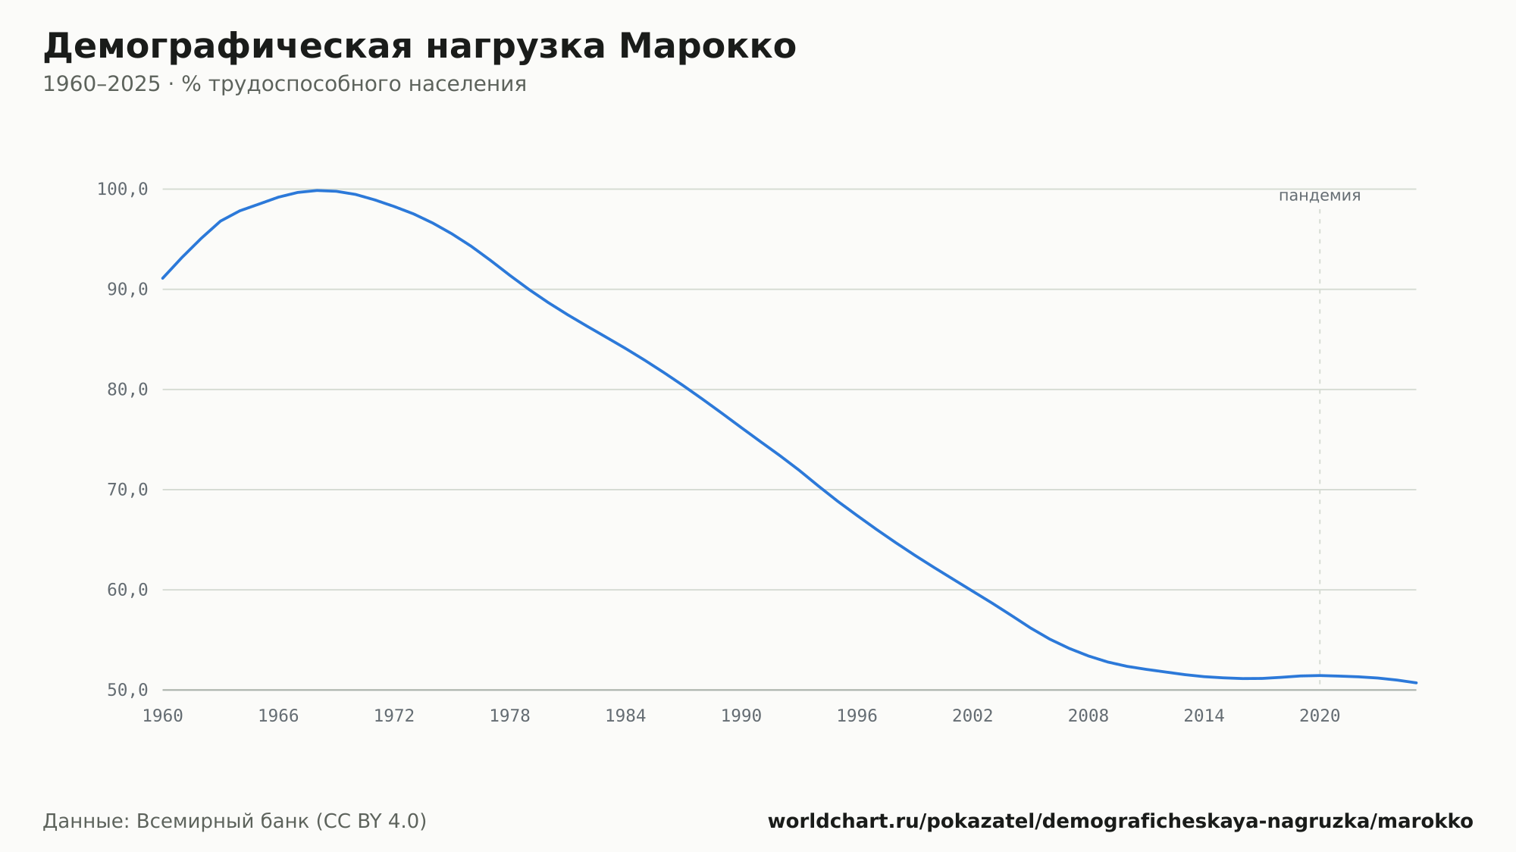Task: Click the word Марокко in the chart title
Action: coord(707,46)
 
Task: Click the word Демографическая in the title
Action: coord(227,48)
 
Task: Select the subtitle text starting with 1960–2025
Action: coord(284,84)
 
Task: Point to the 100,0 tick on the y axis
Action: coord(122,190)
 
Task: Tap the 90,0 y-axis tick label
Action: coord(127,290)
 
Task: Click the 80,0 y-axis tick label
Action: coord(127,390)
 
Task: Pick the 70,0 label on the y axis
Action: coord(127,490)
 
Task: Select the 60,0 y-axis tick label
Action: coord(127,590)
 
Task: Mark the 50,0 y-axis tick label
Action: coord(127,690)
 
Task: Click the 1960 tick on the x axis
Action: coord(163,716)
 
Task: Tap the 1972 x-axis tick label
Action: coord(394,716)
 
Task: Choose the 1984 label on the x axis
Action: coord(625,716)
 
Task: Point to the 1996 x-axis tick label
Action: coord(857,716)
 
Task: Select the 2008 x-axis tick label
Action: coord(1088,716)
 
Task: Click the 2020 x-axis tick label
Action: coord(1320,716)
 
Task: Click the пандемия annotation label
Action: coord(1320,196)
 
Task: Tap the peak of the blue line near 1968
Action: coord(317,190)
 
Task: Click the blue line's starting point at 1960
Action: coord(163,278)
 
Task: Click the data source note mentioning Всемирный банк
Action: coord(235,822)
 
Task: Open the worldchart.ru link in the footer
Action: coord(1120,822)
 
